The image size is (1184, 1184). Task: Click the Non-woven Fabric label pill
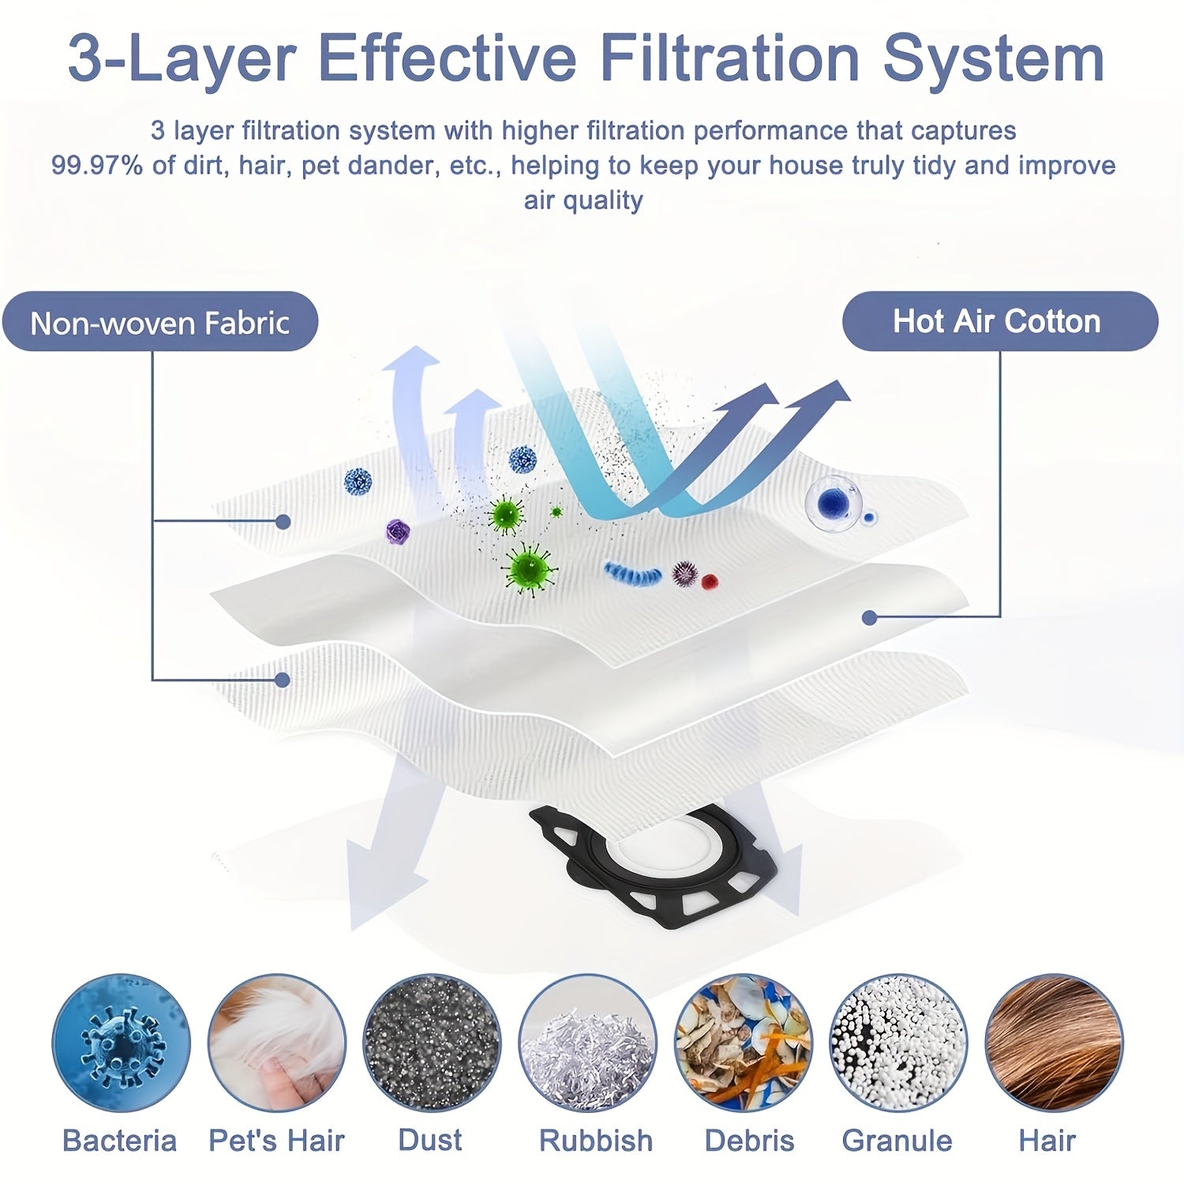(x=160, y=321)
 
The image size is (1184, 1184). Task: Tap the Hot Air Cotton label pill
(x=1000, y=321)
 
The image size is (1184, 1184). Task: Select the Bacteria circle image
(x=122, y=1043)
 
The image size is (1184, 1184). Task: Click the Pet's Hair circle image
(x=277, y=1043)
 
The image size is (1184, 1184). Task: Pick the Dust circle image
(x=432, y=1043)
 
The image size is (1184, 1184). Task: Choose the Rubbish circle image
(x=587, y=1043)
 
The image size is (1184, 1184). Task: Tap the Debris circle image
(x=743, y=1043)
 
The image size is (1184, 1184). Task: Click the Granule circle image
(x=898, y=1043)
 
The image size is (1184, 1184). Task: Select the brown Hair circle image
(x=1054, y=1043)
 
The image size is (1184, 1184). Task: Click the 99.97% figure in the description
(x=97, y=166)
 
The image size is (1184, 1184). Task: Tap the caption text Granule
(x=897, y=1141)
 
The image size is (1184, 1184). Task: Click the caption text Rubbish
(x=596, y=1141)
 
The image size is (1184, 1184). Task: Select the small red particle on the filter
(x=710, y=582)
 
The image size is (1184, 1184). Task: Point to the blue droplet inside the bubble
(x=833, y=499)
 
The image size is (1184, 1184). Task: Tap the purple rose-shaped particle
(x=397, y=531)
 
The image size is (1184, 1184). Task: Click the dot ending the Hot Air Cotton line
(x=870, y=617)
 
